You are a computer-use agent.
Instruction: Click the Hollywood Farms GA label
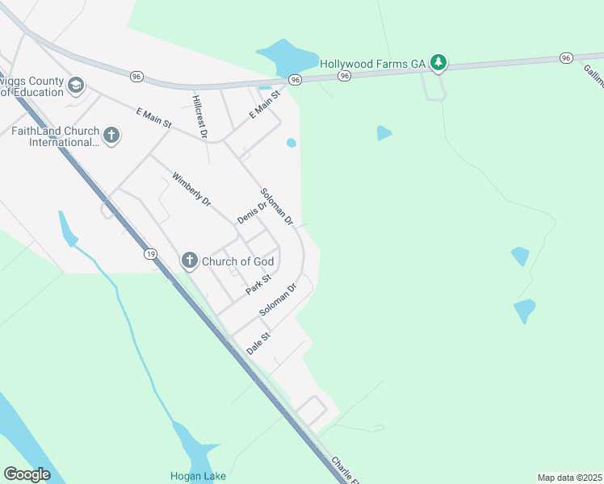(x=373, y=63)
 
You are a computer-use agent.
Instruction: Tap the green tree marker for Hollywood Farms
(x=438, y=61)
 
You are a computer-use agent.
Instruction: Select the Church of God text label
(x=237, y=261)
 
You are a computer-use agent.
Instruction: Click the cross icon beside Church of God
(x=189, y=260)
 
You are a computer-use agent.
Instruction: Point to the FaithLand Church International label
(x=55, y=137)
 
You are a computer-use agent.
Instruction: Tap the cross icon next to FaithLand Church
(x=111, y=136)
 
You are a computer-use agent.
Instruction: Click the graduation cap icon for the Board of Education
(x=76, y=85)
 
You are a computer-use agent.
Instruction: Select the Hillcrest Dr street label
(x=200, y=115)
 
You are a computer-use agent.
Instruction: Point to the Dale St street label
(x=258, y=343)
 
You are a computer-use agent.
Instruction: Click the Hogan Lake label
(x=198, y=476)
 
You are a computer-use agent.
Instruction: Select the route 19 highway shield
(x=151, y=254)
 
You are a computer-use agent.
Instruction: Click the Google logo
(x=27, y=474)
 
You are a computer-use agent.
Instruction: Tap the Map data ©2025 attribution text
(x=569, y=478)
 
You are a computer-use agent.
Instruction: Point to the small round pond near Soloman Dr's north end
(x=291, y=143)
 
